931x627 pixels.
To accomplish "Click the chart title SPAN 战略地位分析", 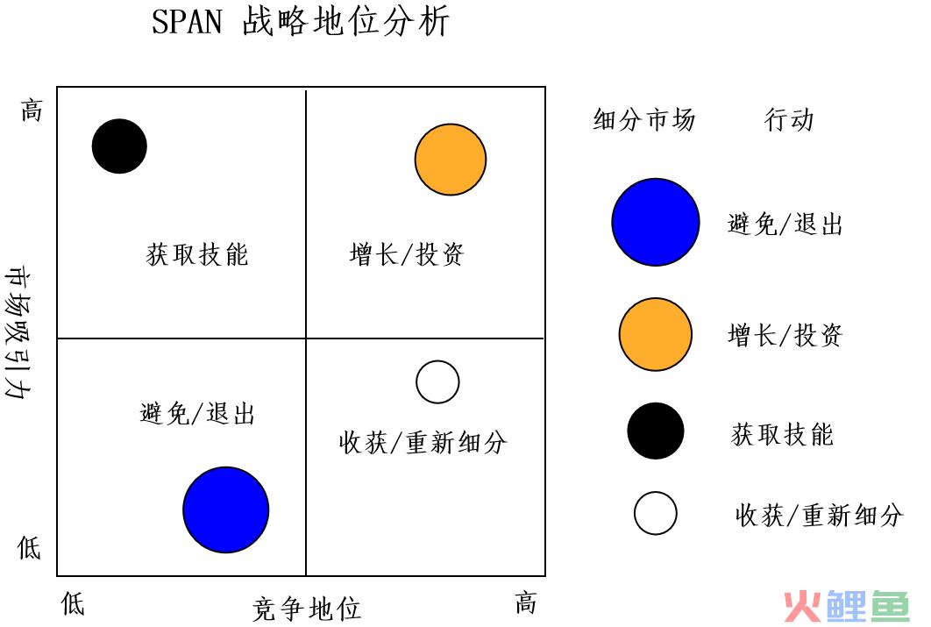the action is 301,22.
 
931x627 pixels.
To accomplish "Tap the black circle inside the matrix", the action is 119,146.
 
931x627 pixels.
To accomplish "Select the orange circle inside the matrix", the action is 451,159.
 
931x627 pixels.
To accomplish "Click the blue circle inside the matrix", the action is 225,509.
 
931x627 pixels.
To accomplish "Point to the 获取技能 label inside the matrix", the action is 197,254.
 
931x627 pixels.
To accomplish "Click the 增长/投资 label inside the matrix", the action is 407,254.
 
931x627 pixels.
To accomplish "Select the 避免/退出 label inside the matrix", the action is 197,413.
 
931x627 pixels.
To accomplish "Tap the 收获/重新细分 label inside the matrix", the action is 423,442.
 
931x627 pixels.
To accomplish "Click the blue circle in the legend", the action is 656,222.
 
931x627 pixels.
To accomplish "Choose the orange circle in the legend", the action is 656,334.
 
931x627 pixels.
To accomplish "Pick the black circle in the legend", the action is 656,431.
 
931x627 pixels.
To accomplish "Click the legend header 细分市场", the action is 644,119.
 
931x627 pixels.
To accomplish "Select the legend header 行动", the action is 788,119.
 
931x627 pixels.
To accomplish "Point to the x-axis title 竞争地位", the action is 306,609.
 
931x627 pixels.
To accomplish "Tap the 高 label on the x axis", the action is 525,603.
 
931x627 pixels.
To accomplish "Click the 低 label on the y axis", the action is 29,547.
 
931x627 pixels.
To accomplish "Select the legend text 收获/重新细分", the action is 820,515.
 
